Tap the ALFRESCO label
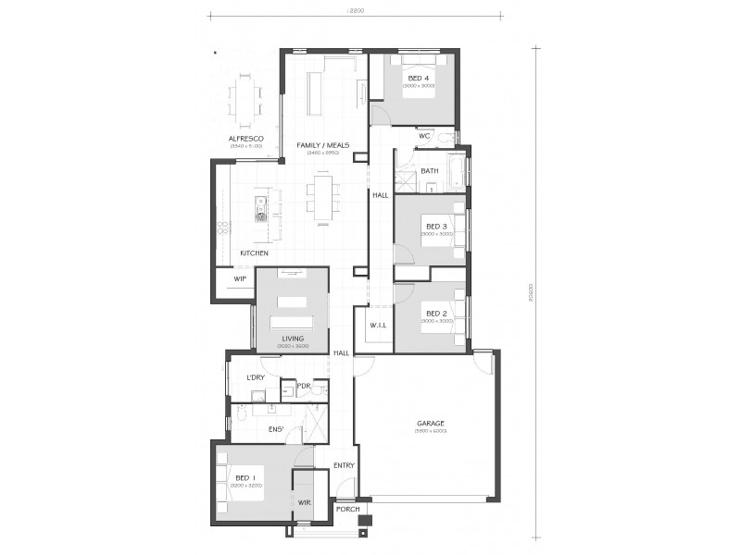click(246, 138)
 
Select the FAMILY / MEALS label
click(320, 145)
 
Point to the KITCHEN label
click(255, 253)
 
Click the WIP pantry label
click(239, 277)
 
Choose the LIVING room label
click(293, 339)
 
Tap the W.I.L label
click(377, 325)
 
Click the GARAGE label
click(431, 424)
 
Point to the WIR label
click(304, 501)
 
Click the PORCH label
click(347, 510)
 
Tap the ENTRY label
click(344, 464)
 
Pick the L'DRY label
click(257, 378)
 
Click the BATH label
click(430, 171)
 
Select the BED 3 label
click(436, 227)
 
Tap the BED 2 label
click(436, 314)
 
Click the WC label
click(424, 136)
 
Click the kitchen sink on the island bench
click(261, 217)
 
